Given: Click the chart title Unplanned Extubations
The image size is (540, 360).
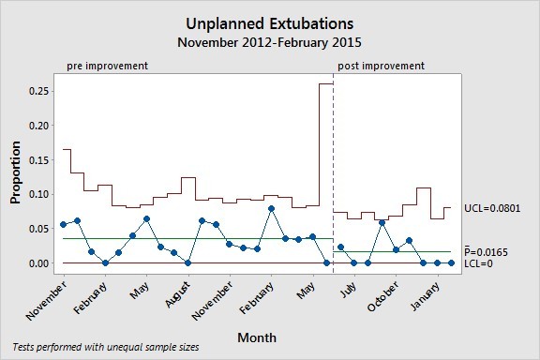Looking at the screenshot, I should click(270, 22).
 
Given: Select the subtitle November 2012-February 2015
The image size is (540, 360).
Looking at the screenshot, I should click(270, 42).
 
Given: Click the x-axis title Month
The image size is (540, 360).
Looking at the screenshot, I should click(256, 335).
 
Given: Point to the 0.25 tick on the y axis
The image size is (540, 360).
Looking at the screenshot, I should click(38, 91).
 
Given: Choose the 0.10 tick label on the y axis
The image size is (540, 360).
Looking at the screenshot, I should click(38, 194).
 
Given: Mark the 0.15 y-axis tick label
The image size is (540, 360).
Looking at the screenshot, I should click(38, 160).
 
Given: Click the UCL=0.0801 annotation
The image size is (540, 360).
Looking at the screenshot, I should click(493, 208).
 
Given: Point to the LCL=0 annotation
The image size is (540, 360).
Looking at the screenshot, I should click(480, 263).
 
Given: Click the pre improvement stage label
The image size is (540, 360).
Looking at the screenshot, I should click(108, 66).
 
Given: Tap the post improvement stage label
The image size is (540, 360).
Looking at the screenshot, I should click(381, 66).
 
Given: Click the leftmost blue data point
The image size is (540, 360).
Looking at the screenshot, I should click(64, 224).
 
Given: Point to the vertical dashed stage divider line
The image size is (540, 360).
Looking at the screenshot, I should click(333, 169).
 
